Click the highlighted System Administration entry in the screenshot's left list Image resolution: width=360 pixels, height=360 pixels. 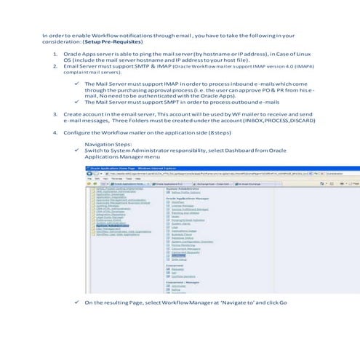(x=108, y=225)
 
